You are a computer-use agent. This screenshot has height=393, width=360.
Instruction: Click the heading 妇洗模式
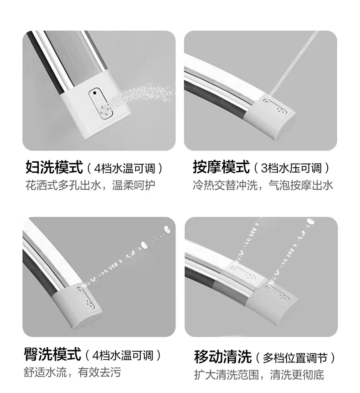54,167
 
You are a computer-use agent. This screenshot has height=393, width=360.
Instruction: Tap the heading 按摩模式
221,167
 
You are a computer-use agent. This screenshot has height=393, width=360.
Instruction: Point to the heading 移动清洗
222,356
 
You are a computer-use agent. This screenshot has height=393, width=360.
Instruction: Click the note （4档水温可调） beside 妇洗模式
125,168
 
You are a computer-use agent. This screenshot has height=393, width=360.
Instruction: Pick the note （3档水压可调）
292,168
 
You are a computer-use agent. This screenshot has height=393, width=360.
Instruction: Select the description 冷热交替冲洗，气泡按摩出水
263,185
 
